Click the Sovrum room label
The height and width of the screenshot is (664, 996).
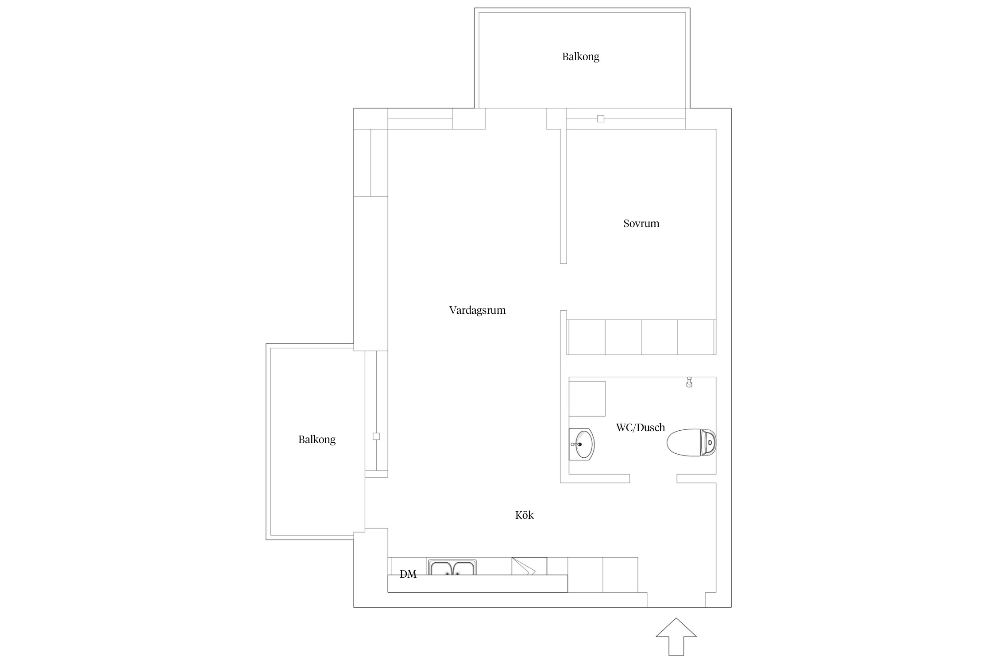point(641,224)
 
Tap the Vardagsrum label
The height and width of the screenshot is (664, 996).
point(477,310)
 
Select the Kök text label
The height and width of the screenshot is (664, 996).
point(525,515)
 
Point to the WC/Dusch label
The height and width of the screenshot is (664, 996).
point(641,428)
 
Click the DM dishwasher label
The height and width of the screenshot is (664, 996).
point(408,574)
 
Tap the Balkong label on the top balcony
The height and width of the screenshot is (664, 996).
point(581,57)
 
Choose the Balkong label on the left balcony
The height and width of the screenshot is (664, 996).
point(317,440)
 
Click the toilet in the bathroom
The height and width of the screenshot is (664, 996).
point(691,442)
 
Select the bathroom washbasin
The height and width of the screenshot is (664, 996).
point(582,444)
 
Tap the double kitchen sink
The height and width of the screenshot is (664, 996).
point(452,567)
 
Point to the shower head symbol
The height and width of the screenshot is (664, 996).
point(689,382)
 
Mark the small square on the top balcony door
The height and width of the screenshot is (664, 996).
point(601,119)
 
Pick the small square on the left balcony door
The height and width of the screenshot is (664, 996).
point(376,436)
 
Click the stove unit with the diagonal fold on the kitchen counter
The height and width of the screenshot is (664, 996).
point(529,566)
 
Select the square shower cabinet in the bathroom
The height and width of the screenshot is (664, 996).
point(587,398)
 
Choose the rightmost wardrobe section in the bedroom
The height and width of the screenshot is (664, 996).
point(696,337)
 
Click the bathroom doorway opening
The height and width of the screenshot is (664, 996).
point(653,479)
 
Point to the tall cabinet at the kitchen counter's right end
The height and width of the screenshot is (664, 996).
point(620,575)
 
